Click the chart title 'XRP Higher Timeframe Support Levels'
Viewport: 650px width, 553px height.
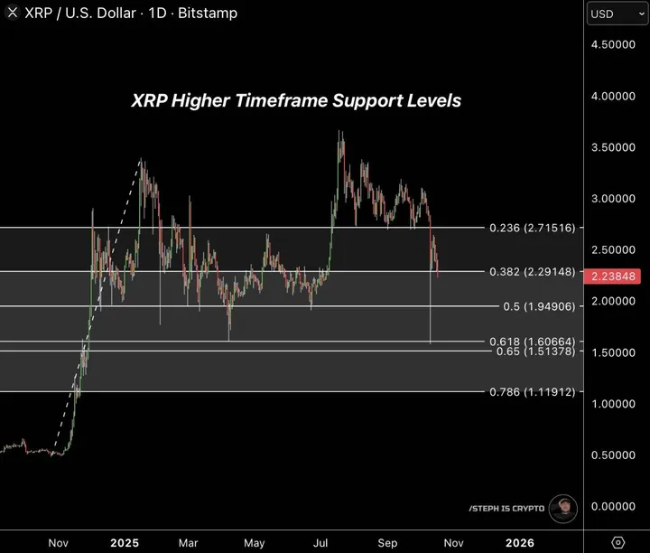pyautogui.click(x=296, y=100)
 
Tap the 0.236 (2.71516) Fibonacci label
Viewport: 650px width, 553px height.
pyautogui.click(x=531, y=228)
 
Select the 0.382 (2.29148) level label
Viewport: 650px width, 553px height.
pyautogui.click(x=531, y=271)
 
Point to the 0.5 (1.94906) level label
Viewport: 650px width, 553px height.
pyautogui.click(x=537, y=306)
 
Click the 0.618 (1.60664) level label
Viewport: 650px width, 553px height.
pyautogui.click(x=531, y=341)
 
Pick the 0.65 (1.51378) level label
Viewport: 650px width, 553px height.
pyautogui.click(x=535, y=351)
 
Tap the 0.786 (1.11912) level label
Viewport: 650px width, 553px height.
pyautogui.click(x=531, y=392)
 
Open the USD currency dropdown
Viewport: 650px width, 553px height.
pyautogui.click(x=613, y=14)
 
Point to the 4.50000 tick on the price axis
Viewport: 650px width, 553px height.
pyautogui.click(x=614, y=44)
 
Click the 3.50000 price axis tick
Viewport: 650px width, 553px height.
pyautogui.click(x=614, y=146)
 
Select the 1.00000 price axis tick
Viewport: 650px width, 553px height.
pyautogui.click(x=614, y=403)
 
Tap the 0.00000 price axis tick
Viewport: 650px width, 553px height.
pyautogui.click(x=614, y=506)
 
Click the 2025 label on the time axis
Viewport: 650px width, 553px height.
pyautogui.click(x=125, y=542)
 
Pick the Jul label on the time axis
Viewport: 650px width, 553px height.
pyautogui.click(x=320, y=542)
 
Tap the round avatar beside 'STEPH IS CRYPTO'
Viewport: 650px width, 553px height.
pyautogui.click(x=563, y=509)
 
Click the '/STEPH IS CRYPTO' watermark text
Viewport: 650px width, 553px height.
pyautogui.click(x=506, y=509)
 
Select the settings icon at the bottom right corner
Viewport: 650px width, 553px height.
pyautogui.click(x=618, y=542)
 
